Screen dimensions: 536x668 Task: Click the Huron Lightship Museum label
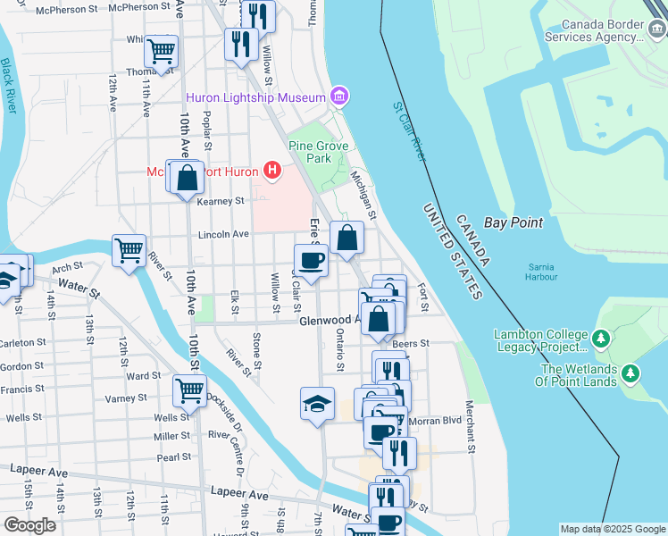[x=255, y=96]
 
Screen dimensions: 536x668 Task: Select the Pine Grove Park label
[x=311, y=151]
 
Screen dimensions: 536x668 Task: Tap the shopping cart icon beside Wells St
[x=189, y=390]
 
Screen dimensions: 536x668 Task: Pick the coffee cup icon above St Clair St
[x=311, y=260]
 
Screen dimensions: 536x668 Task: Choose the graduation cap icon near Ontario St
[x=317, y=403]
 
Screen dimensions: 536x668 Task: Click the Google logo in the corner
[x=29, y=525]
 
